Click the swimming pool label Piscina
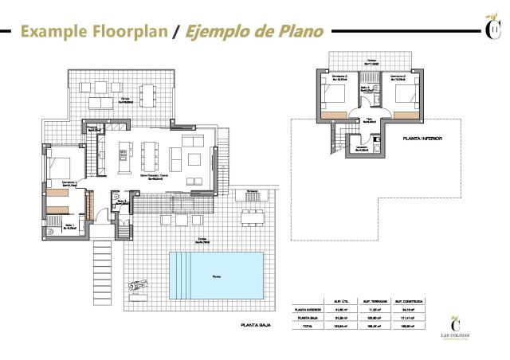pos(217,276)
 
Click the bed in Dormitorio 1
pos(65,167)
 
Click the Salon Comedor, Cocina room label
pos(153,175)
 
